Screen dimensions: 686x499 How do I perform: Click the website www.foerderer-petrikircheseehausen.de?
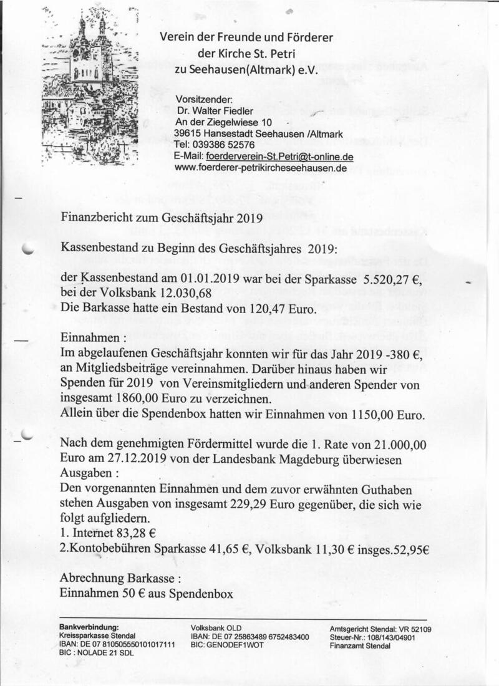[261, 168]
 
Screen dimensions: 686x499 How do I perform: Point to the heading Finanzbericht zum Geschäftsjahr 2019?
[162, 217]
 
